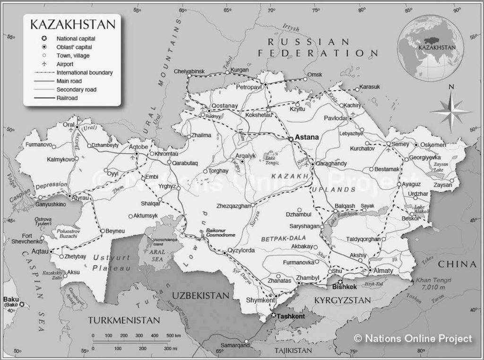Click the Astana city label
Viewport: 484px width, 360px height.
point(307,137)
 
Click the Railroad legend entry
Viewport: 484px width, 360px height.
point(67,97)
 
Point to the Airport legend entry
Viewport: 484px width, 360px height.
point(65,64)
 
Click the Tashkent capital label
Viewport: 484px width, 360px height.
point(291,316)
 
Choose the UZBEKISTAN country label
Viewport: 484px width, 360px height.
point(200,295)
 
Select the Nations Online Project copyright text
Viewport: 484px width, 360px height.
point(413,338)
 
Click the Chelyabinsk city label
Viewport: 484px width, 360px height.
point(189,71)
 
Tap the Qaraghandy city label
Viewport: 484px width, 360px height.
point(331,164)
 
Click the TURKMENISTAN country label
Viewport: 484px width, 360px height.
point(124,320)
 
